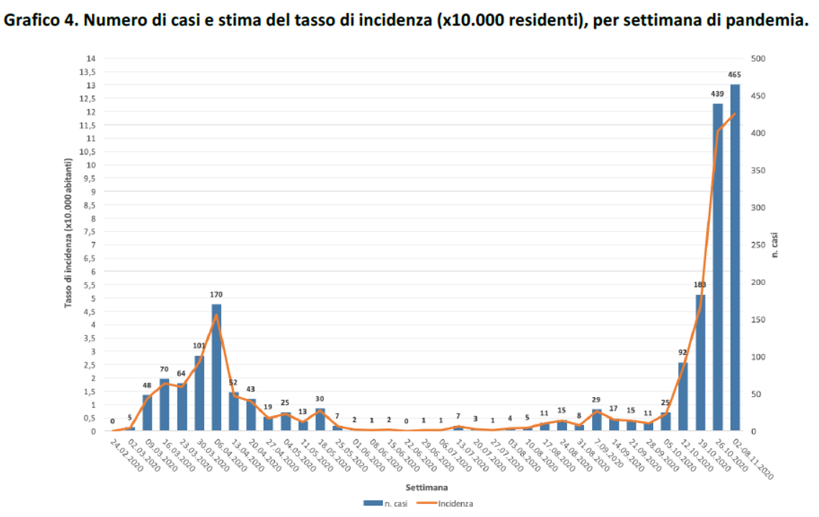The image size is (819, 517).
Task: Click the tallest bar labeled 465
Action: click(735, 258)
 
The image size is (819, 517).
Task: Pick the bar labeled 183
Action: click(700, 363)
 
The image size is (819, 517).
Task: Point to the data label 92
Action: click(683, 353)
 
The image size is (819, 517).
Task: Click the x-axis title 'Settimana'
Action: click(422, 486)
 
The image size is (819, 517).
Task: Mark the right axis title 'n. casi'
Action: click(776, 245)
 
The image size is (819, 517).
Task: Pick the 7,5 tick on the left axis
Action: click(91, 232)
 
